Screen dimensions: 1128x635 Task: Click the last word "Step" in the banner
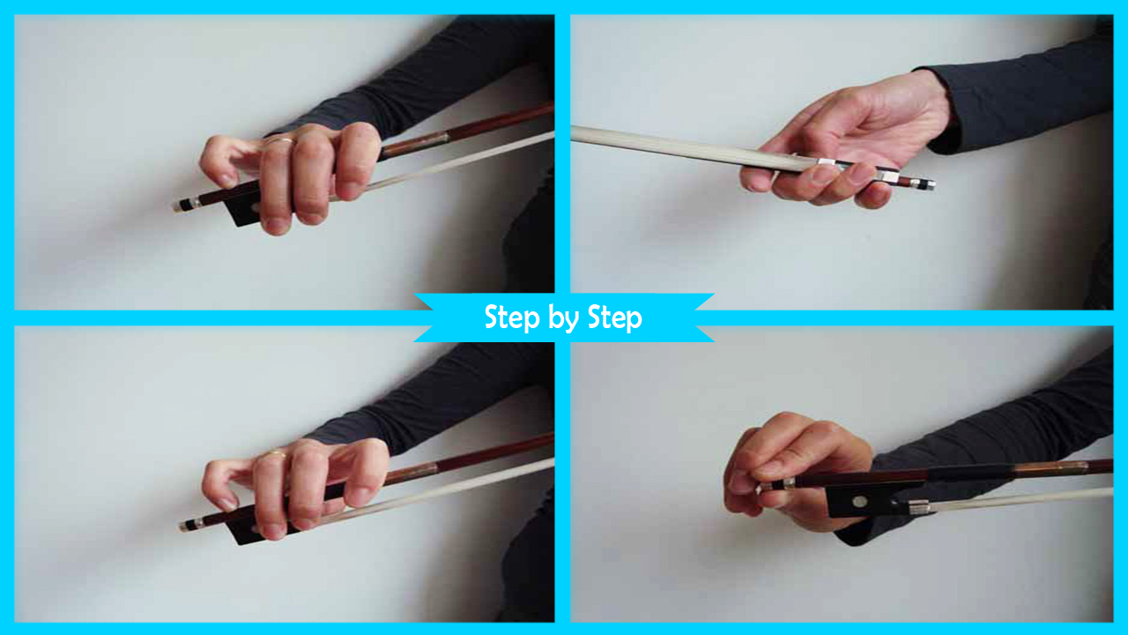point(615,319)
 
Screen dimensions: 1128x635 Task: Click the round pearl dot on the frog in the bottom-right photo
point(859,502)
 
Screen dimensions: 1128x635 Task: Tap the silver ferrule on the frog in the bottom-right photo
point(918,507)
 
